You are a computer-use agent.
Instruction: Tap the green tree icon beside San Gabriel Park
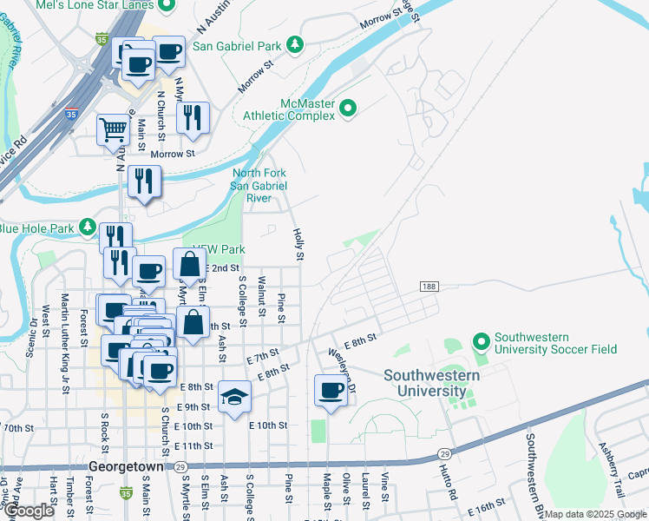[x=295, y=43]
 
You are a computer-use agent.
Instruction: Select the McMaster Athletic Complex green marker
[x=348, y=109]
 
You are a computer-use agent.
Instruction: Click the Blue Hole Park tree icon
[x=87, y=228]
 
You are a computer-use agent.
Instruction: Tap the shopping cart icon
[x=113, y=130]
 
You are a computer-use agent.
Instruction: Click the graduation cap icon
[x=234, y=397]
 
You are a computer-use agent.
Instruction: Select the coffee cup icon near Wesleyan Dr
[x=331, y=390]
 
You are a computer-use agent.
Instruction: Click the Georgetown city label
[x=126, y=466]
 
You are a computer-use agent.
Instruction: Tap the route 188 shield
[x=428, y=287]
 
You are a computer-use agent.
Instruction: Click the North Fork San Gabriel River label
[x=259, y=185]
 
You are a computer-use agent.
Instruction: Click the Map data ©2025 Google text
[x=595, y=515]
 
